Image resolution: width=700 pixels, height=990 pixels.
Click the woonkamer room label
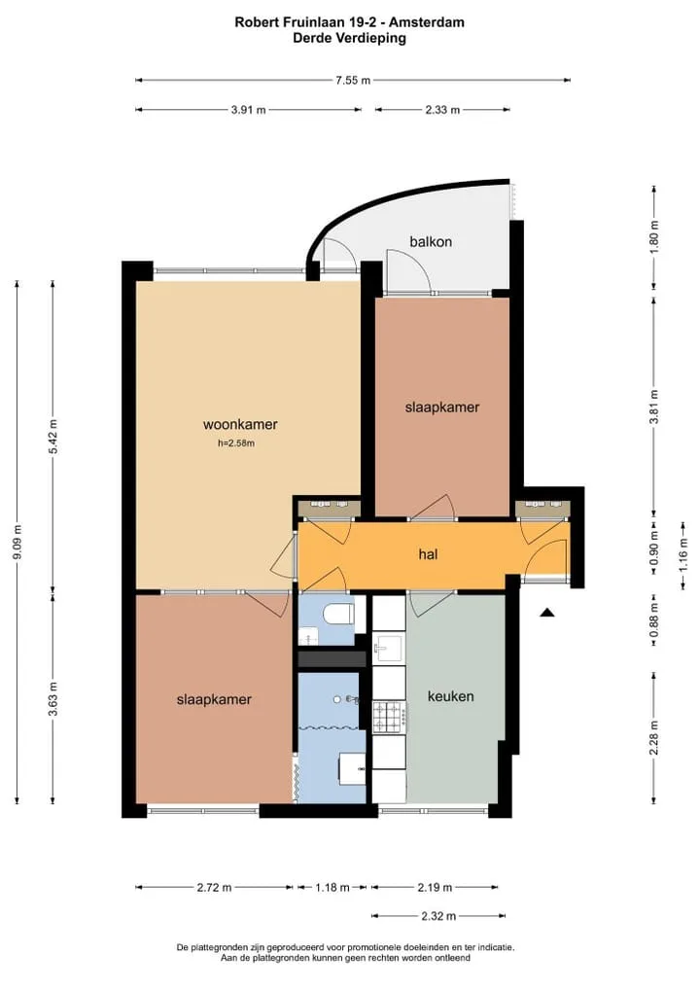point(240,424)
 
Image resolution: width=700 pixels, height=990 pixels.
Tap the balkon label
point(431,241)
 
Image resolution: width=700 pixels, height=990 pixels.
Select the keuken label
point(451,696)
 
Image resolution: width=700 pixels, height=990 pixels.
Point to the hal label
point(428,554)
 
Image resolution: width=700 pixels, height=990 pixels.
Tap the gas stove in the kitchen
point(389,716)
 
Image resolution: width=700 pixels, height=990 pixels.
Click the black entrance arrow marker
point(546,612)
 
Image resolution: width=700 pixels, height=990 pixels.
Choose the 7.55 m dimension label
point(353,80)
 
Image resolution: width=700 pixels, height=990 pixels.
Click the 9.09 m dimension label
point(17,542)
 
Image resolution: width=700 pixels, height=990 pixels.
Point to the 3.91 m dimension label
point(248,110)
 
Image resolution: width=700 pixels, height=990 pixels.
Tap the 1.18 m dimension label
point(332,888)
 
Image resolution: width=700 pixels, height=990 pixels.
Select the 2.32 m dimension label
point(438,916)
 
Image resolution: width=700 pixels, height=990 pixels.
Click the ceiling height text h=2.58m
point(236,443)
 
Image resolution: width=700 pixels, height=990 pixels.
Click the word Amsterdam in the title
point(427,22)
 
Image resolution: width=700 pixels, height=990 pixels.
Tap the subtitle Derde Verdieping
point(350,38)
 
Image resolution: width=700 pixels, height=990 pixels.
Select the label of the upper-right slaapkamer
point(441,407)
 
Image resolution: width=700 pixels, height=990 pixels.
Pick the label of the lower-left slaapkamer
point(214,699)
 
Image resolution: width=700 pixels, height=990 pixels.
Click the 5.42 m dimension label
point(53,437)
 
